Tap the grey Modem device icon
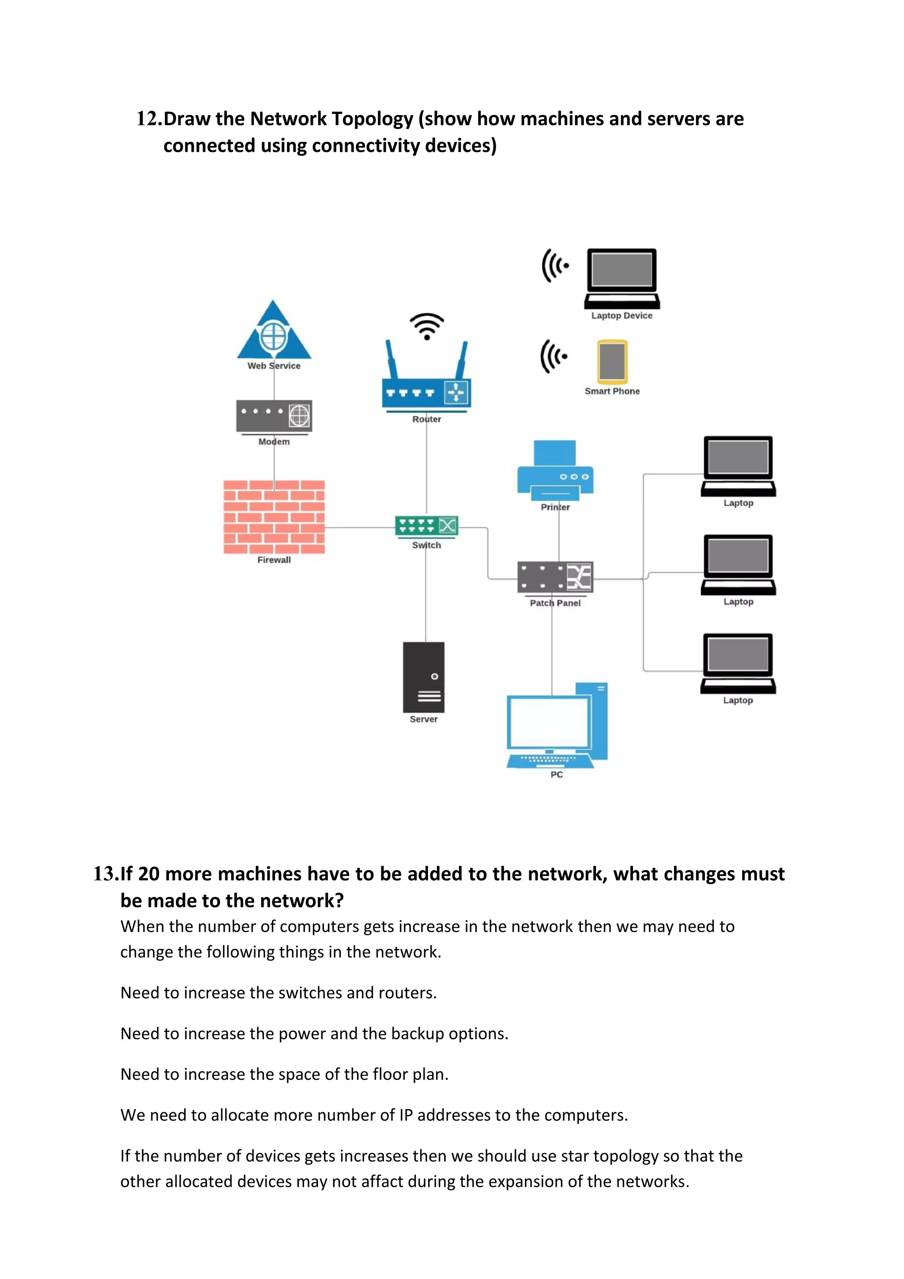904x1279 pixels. tap(274, 416)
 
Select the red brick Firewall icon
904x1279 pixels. tap(274, 516)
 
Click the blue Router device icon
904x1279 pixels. tap(426, 384)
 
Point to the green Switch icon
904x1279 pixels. tap(426, 525)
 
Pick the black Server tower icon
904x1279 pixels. tap(423, 677)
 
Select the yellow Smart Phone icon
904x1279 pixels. tap(612, 361)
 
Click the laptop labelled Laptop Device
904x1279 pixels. tap(621, 278)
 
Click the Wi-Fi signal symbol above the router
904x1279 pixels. tap(427, 326)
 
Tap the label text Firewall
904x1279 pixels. tap(274, 560)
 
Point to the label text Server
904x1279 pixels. tap(423, 719)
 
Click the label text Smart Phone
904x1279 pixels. tap(612, 391)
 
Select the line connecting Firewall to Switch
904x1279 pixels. tap(359, 527)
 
